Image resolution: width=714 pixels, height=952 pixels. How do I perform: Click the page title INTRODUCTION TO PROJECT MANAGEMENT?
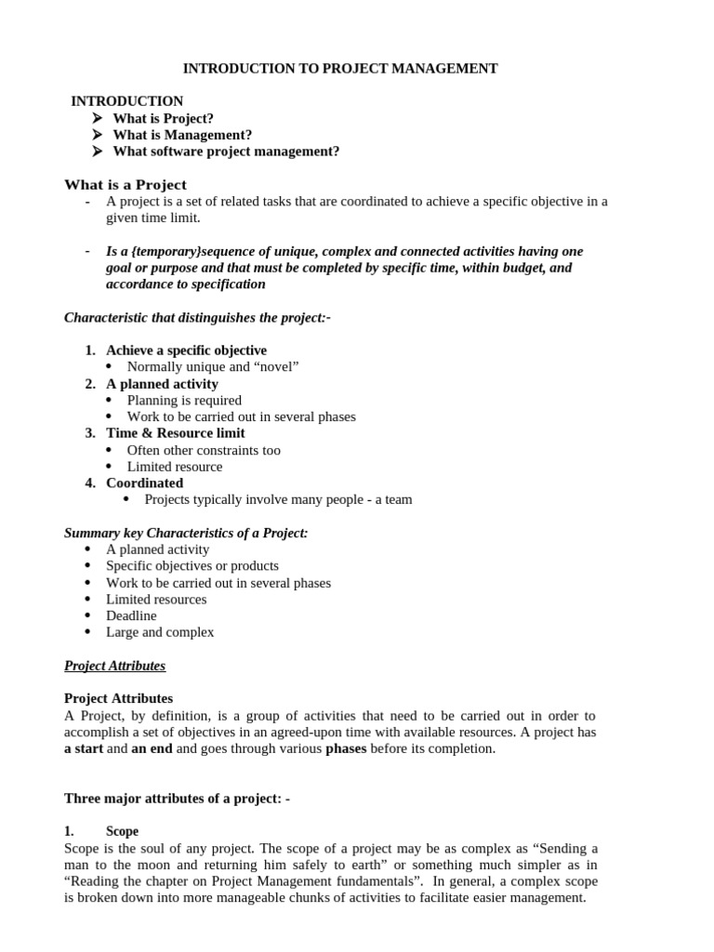(x=340, y=68)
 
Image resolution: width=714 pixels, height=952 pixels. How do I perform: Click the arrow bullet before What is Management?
(x=98, y=135)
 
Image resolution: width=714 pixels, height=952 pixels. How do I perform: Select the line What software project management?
(x=226, y=152)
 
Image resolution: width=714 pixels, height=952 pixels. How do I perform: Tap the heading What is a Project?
(x=125, y=184)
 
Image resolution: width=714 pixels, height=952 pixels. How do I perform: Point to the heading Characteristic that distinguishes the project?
(x=197, y=318)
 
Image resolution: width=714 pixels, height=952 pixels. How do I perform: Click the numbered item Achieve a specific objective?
(x=186, y=350)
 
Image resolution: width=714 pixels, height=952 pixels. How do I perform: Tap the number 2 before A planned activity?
(x=90, y=384)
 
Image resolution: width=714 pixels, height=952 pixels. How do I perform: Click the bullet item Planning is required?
(x=184, y=401)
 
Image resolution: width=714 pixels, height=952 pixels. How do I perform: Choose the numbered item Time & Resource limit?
(x=176, y=433)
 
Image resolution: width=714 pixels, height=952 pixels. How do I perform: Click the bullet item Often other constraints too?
(x=204, y=450)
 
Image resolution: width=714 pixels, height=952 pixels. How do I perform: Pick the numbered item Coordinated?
(x=144, y=483)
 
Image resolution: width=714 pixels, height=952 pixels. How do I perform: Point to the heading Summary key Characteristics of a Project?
(x=186, y=533)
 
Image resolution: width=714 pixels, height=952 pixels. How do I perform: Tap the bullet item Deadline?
(x=131, y=615)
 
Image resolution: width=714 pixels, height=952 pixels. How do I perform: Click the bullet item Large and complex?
(x=160, y=632)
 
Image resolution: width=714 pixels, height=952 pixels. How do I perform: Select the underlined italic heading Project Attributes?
(x=114, y=666)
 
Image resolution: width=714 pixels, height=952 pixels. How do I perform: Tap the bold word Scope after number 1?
(x=123, y=831)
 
